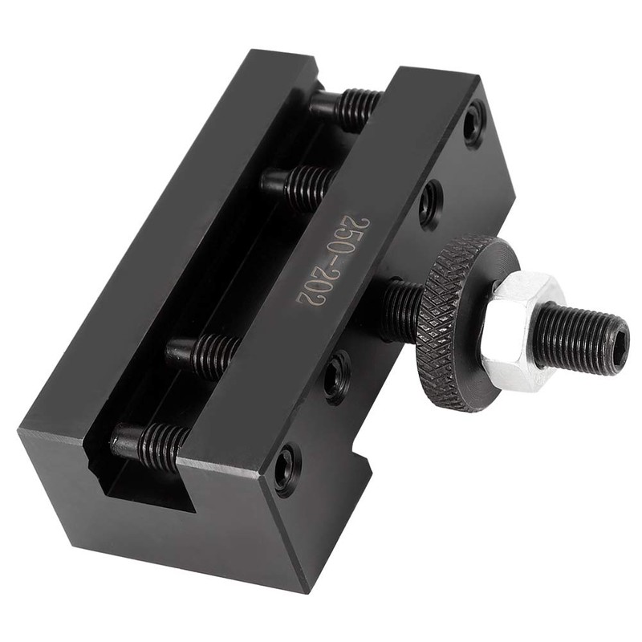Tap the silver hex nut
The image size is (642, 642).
pyautogui.click(x=522, y=329)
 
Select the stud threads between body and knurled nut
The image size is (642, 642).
pyautogui.click(x=401, y=309)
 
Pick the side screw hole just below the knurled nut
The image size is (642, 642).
pyautogui.click(x=337, y=376)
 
